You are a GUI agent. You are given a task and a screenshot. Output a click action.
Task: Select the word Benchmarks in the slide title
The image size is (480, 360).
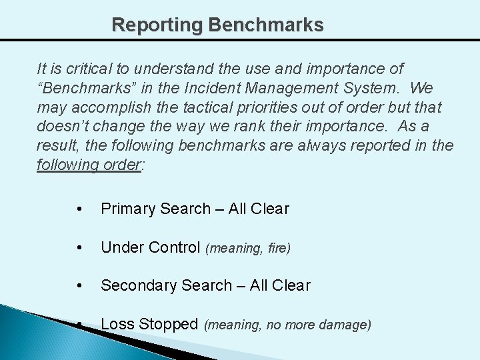tap(266, 25)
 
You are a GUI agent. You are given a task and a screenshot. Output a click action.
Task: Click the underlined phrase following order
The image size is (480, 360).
tap(89, 165)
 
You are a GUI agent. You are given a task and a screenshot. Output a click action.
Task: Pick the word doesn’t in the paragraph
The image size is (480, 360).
tap(62, 127)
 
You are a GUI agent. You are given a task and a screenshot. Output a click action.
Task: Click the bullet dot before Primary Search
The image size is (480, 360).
tap(80, 209)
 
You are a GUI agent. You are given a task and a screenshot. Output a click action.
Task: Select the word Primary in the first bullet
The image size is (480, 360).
tap(127, 209)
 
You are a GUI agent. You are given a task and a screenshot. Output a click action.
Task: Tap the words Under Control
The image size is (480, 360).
tap(150, 248)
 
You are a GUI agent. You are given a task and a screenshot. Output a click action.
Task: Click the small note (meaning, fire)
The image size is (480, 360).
tap(248, 249)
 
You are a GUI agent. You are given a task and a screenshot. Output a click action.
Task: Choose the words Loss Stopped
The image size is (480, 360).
tap(149, 325)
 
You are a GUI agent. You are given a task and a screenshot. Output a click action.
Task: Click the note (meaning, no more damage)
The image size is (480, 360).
tap(287, 325)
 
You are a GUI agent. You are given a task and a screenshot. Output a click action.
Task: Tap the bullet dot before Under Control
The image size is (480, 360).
tap(80, 248)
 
